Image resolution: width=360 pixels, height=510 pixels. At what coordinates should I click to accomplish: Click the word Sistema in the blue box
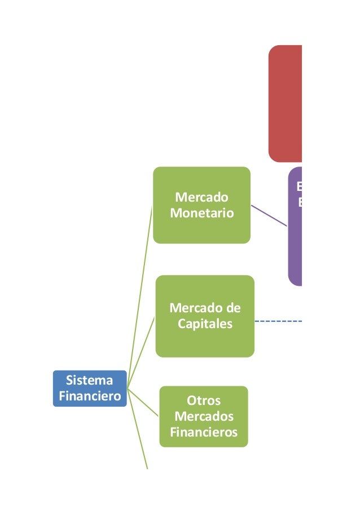click(x=89, y=380)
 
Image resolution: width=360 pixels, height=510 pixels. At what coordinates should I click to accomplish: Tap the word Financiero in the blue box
click(x=89, y=396)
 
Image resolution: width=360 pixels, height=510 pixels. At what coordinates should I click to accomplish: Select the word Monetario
click(x=201, y=213)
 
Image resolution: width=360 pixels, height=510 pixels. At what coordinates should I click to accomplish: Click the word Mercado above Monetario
click(x=201, y=198)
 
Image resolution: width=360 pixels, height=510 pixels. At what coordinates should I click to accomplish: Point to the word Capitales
click(x=204, y=324)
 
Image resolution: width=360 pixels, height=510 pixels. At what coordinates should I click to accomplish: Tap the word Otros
click(x=203, y=401)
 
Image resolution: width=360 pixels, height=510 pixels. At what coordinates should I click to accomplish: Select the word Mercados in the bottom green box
click(x=203, y=417)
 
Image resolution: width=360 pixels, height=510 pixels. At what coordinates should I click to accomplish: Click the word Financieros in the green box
click(x=203, y=433)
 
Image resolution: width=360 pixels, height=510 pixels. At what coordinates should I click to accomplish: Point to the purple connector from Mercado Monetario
click(x=269, y=215)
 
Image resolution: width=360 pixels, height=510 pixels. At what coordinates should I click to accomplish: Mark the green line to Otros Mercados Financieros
click(x=144, y=402)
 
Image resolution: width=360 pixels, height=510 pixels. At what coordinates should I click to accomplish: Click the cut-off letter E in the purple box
click(x=299, y=186)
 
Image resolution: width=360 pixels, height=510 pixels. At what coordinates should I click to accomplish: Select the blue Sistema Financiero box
click(x=89, y=388)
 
